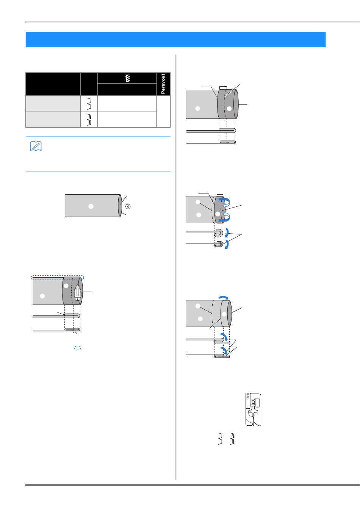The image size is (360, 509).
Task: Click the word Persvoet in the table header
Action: (x=163, y=84)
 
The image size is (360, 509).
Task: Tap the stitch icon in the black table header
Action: (x=127, y=78)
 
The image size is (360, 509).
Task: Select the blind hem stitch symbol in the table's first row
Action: (x=89, y=103)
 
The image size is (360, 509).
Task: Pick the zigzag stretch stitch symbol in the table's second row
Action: (x=89, y=119)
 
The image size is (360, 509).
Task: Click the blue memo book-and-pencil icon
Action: (x=36, y=146)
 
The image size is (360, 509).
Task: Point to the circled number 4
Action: (x=128, y=206)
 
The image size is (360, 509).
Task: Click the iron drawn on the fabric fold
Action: (x=77, y=293)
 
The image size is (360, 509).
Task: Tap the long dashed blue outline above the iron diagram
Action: (x=57, y=277)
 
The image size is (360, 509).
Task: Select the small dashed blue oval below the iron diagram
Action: (x=77, y=348)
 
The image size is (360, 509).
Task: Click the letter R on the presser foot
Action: (x=253, y=400)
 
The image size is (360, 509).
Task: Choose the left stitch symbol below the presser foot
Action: (x=220, y=438)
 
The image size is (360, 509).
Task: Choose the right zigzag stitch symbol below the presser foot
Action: (x=232, y=438)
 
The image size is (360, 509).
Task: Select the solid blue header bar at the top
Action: (x=175, y=39)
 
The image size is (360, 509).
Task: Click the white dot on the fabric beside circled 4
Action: (x=91, y=206)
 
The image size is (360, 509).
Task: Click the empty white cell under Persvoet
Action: (x=163, y=111)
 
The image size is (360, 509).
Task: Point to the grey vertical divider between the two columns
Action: (x=176, y=265)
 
